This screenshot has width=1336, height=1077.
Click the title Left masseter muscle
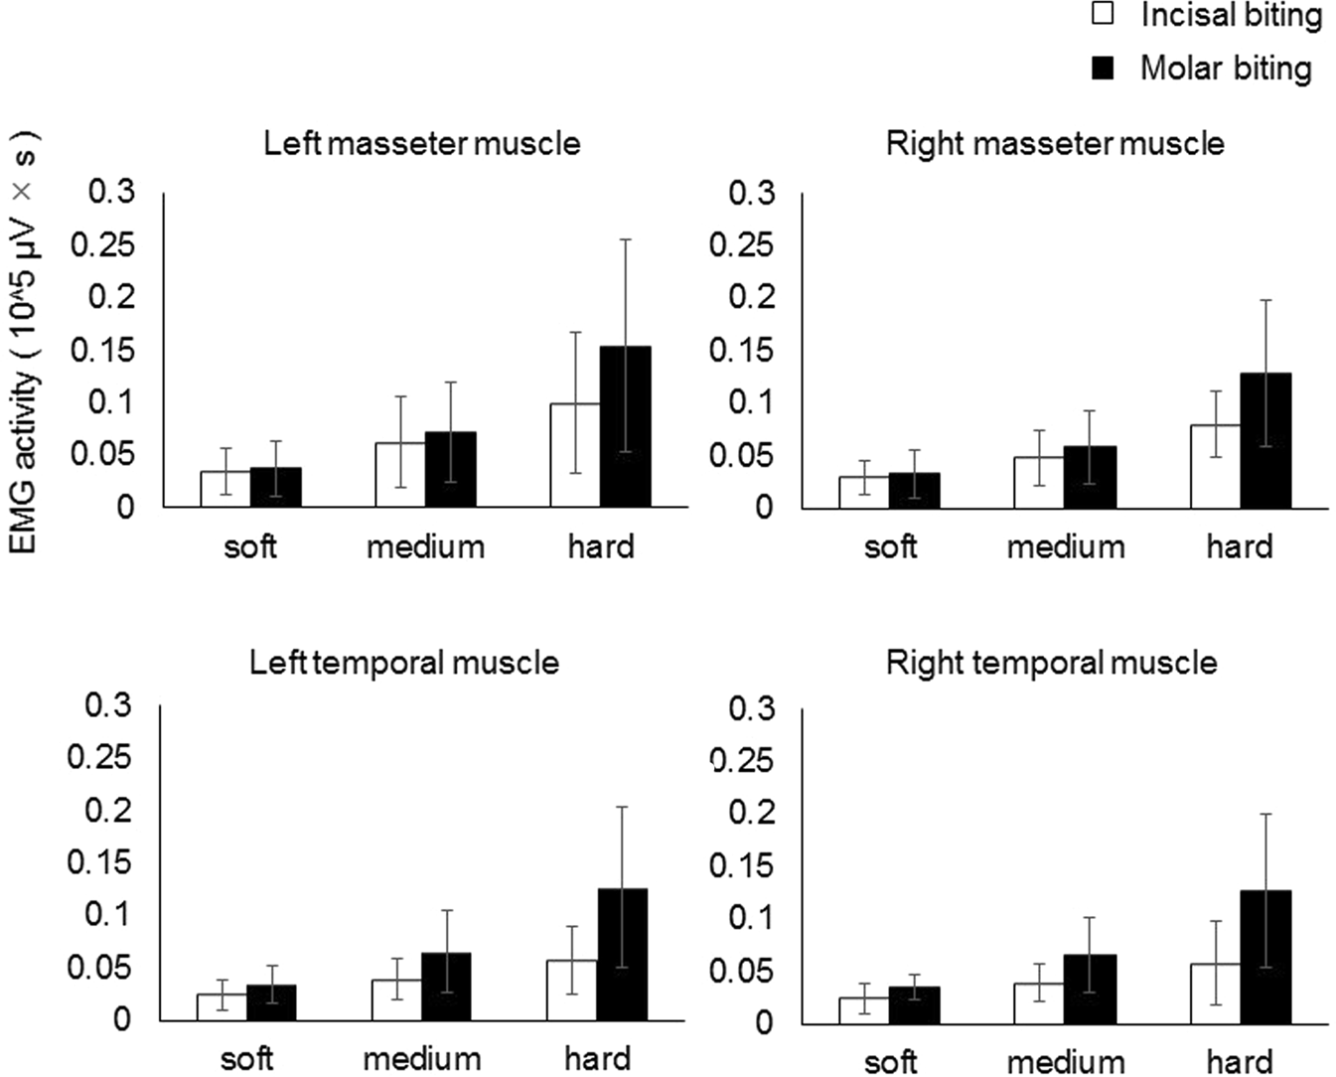coord(421,143)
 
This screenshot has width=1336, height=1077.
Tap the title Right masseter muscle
coord(1054,143)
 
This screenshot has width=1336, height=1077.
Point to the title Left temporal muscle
coord(403,663)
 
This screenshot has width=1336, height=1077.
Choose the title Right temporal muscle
coord(1051,663)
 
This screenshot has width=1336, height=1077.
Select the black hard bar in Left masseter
coord(625,427)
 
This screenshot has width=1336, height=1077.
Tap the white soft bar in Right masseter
coord(863,492)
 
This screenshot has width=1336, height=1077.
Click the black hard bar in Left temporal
coord(622,954)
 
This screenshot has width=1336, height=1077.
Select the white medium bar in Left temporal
coord(396,1000)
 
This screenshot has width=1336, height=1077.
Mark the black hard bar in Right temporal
coord(1265,956)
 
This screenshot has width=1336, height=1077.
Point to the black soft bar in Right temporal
coord(914,1004)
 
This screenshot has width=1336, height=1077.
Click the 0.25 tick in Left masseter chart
coord(101,244)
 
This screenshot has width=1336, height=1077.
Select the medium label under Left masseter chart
coord(425,546)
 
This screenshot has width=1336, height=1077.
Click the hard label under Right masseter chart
coord(1239,546)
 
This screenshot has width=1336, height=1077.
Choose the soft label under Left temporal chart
coord(246,1059)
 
